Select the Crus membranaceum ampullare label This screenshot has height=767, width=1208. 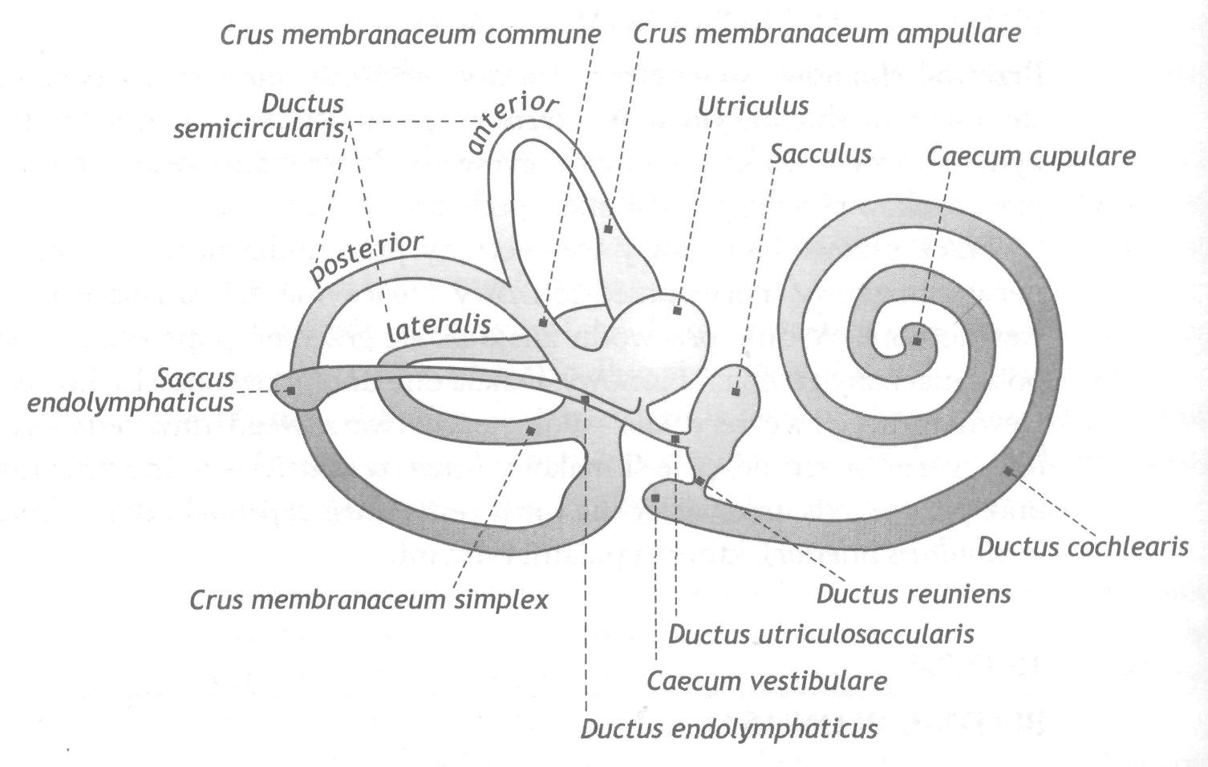[826, 34]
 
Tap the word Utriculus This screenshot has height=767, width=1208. [753, 107]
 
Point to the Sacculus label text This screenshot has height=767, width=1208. [820, 154]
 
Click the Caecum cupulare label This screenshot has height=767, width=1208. [1031, 156]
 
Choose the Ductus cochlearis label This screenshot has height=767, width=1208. [1082, 547]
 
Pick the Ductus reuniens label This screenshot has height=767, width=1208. [913, 594]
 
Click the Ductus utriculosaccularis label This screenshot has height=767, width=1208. [821, 634]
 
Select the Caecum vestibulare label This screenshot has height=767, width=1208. [767, 681]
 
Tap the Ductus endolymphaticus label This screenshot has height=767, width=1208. [728, 729]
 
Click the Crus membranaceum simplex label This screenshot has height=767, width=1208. [369, 599]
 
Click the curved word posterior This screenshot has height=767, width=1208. [366, 259]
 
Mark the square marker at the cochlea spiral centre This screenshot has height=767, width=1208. [917, 341]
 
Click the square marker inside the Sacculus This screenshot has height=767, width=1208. [735, 392]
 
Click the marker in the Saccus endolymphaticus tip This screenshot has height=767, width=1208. [290, 391]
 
